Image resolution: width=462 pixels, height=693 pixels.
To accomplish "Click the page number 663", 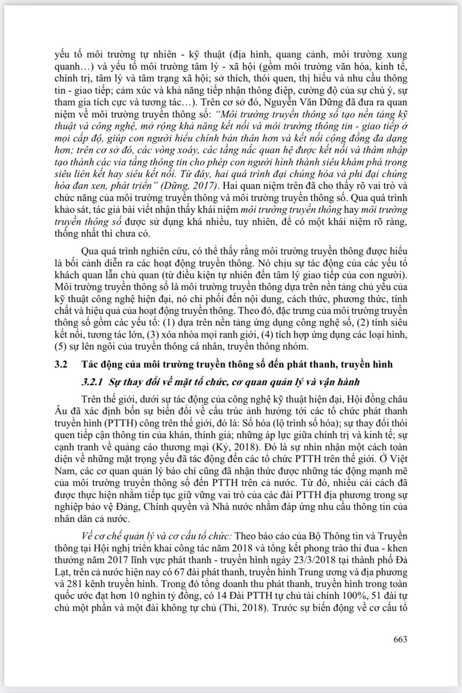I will pyautogui.click(x=400, y=639).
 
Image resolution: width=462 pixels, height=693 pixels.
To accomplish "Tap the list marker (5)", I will pyautogui.click(x=61, y=347).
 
